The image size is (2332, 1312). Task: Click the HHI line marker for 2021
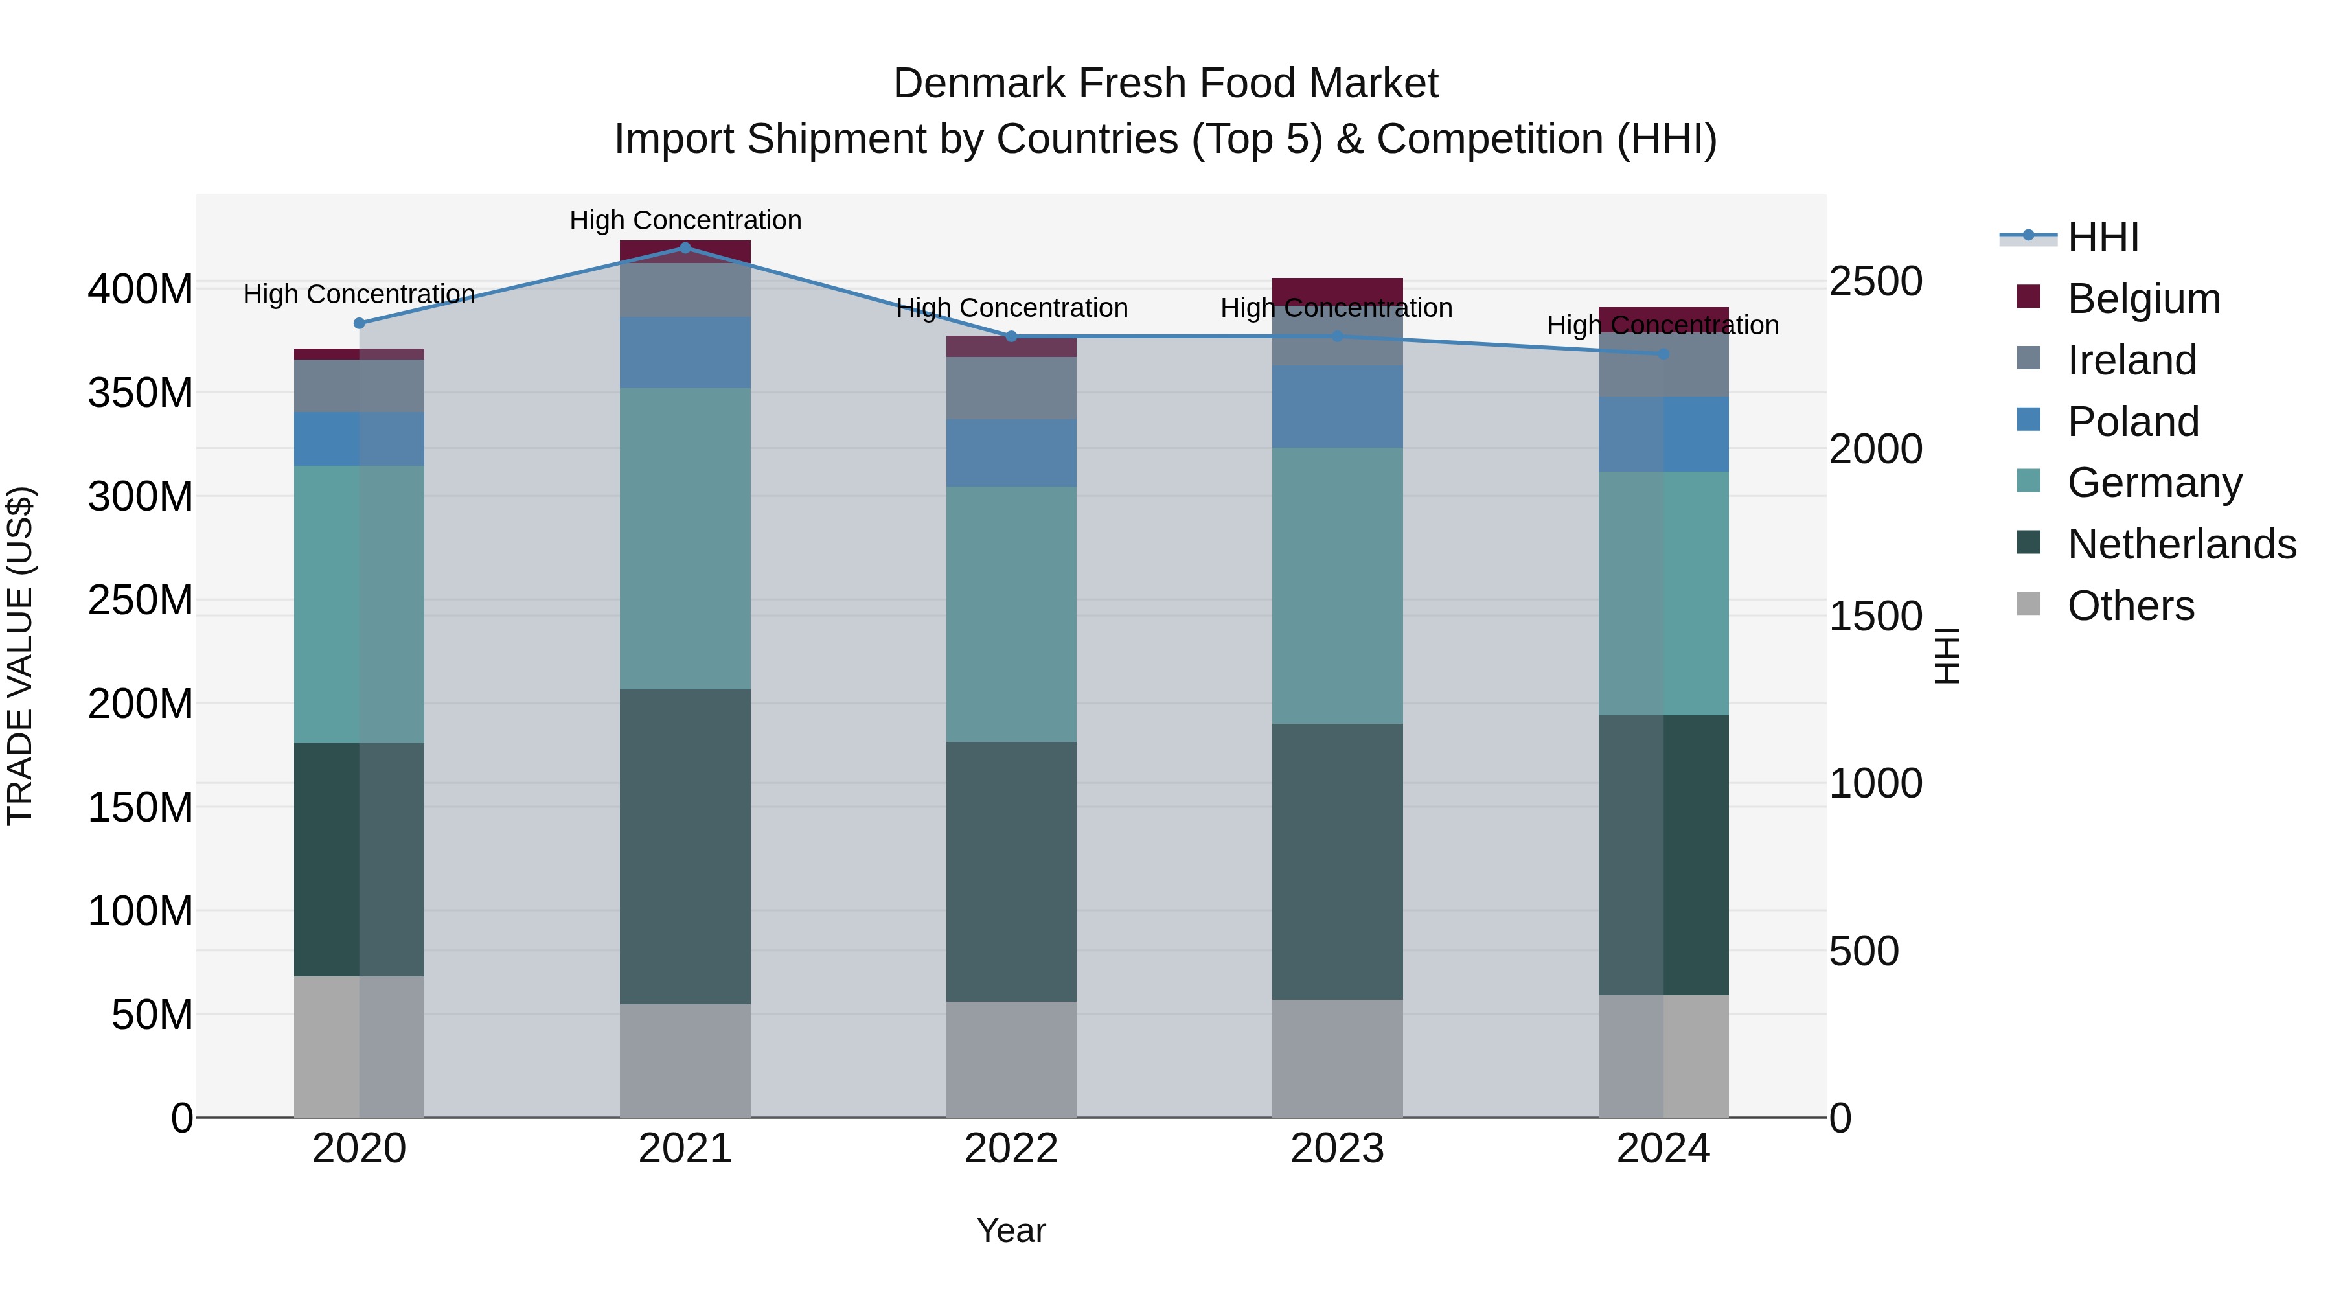(685, 247)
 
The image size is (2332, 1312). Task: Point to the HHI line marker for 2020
(360, 323)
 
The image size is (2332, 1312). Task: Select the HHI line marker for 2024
(1663, 354)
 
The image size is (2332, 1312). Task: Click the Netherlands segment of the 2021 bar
(685, 847)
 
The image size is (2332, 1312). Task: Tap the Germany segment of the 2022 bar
(1011, 614)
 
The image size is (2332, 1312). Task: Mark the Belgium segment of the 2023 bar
(1337, 288)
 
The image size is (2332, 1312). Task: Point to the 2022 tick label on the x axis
(1011, 1149)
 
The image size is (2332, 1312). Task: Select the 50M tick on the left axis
(151, 1015)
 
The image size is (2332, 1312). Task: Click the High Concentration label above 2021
(685, 220)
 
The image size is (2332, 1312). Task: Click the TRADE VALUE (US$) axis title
(20, 656)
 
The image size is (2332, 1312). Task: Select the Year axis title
(1011, 1230)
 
